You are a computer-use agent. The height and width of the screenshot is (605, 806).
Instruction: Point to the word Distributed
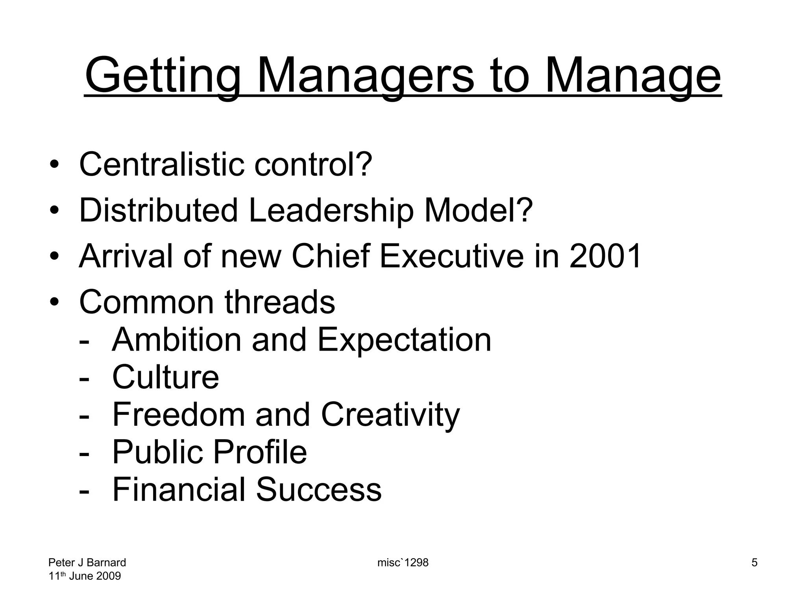(158, 210)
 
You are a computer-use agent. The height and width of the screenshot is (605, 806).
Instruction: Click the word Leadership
(331, 210)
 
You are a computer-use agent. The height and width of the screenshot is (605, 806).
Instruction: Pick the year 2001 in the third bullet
(605, 256)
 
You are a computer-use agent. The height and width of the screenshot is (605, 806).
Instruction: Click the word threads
(280, 302)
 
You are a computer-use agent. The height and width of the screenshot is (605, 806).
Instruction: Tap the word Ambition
(176, 340)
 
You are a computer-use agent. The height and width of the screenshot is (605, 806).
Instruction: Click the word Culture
(166, 377)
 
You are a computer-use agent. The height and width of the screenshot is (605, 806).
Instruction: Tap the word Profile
(260, 452)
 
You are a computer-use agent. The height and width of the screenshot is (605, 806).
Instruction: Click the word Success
(319, 490)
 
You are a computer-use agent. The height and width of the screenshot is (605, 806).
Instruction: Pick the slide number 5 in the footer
(754, 562)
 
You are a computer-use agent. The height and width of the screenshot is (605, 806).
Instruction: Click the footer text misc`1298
(403, 562)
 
